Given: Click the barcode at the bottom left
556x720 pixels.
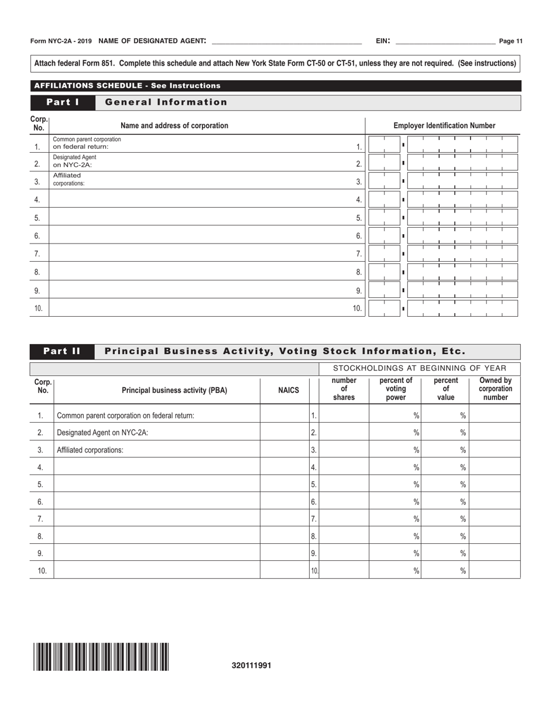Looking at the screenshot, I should (x=101, y=656).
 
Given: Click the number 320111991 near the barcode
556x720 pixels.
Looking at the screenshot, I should (x=252, y=665).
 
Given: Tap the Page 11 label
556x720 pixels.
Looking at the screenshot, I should (x=510, y=41).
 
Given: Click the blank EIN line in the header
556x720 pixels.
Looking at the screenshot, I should (x=445, y=41).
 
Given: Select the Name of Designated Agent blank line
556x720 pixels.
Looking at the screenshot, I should (x=286, y=41).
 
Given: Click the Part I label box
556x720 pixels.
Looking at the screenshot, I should (x=63, y=102).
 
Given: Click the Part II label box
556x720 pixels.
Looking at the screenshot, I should (x=62, y=351).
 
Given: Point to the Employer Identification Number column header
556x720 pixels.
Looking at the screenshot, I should (x=444, y=125).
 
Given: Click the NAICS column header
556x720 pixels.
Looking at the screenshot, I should (x=288, y=390).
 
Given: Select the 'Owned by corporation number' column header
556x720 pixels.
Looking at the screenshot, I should (x=495, y=390).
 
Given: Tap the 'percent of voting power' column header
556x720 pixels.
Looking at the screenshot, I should (x=396, y=390).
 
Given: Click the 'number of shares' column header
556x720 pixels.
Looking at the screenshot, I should (x=344, y=390).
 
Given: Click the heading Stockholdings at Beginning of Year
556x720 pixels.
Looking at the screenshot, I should (x=420, y=368).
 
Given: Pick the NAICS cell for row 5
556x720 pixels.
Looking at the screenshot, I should (x=284, y=484).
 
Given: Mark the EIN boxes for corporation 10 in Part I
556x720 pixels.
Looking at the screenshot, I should (x=442, y=308).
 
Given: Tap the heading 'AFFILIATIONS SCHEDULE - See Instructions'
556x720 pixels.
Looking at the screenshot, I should (x=128, y=85).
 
